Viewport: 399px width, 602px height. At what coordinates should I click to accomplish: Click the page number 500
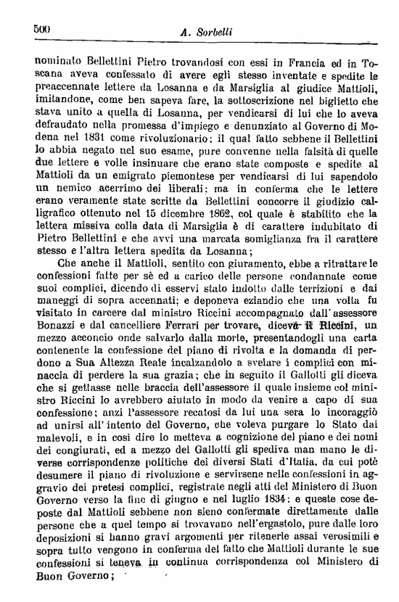point(41,30)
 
